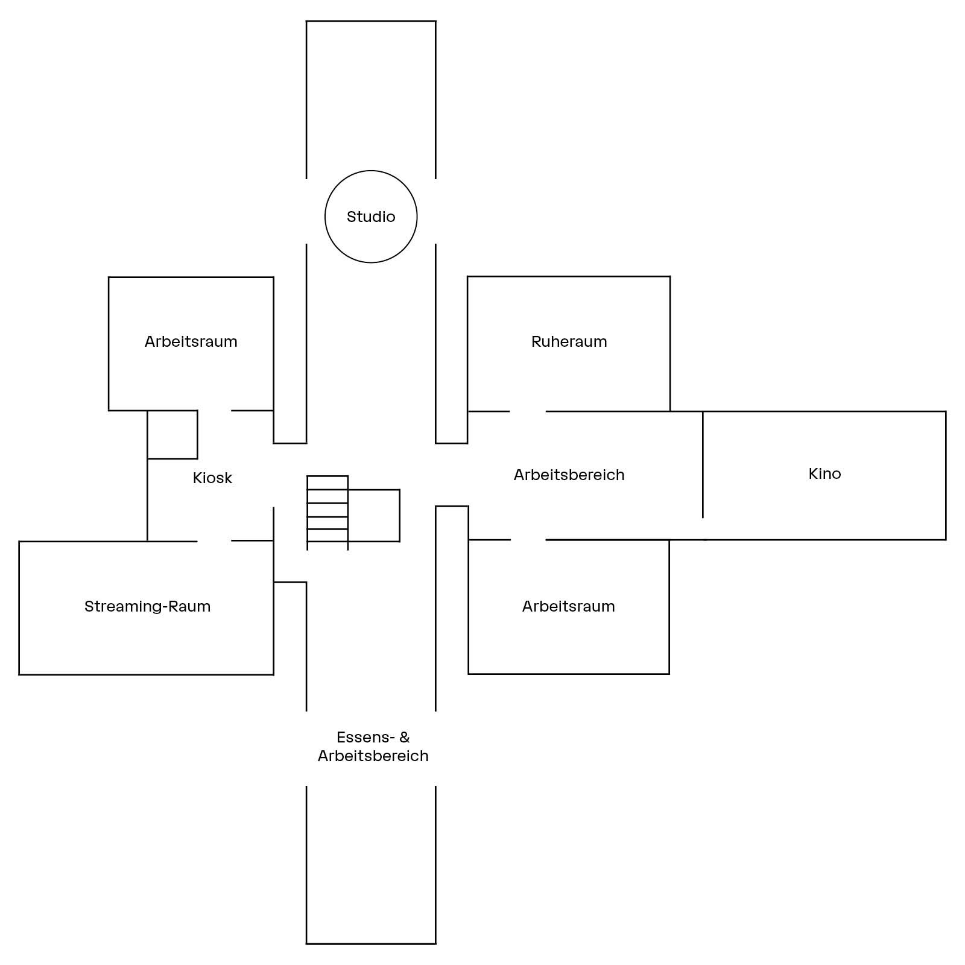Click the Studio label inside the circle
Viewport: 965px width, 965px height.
tap(371, 217)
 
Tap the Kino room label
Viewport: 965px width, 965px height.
tap(824, 473)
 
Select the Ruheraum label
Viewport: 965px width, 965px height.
tap(569, 341)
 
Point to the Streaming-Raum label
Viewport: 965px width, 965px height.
tap(148, 606)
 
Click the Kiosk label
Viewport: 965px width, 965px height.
tap(212, 478)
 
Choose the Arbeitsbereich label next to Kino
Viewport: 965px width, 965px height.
tap(569, 475)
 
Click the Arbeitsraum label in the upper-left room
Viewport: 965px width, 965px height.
tap(191, 341)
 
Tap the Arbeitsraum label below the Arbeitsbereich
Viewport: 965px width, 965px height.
tap(568, 606)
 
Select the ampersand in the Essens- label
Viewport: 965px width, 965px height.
tap(404, 737)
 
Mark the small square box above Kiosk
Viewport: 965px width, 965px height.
tap(172, 434)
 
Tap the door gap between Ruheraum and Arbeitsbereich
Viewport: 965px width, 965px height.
tap(528, 411)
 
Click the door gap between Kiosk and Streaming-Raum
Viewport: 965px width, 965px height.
tap(214, 541)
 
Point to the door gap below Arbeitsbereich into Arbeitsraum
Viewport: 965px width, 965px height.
tap(528, 540)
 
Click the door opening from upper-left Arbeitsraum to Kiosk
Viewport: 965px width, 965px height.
tap(214, 411)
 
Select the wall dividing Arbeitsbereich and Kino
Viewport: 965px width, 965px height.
tap(703, 464)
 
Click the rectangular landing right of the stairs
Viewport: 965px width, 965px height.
tap(374, 516)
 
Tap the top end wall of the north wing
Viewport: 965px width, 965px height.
tap(371, 21)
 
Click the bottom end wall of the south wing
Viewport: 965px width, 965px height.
tap(371, 943)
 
